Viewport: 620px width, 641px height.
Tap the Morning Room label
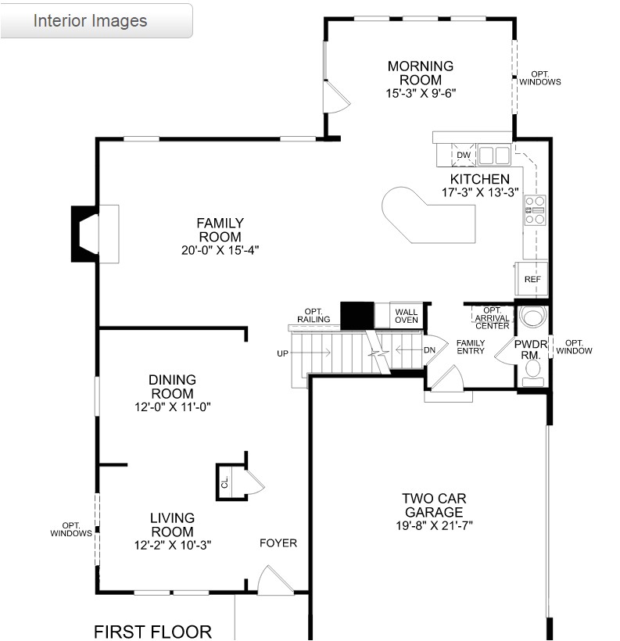[420, 73]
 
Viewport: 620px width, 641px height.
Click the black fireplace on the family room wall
[84, 233]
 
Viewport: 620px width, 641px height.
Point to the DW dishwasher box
[464, 155]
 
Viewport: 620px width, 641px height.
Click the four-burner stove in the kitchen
[535, 210]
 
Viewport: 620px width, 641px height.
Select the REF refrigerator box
[532, 279]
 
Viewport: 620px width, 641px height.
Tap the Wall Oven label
[406, 315]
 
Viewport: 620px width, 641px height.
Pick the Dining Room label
[172, 386]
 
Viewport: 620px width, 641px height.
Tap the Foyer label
[278, 543]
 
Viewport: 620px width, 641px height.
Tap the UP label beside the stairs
[282, 353]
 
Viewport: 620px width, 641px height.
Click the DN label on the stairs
[428, 349]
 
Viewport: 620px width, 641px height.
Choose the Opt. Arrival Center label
[492, 318]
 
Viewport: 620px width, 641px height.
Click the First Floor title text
[152, 632]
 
